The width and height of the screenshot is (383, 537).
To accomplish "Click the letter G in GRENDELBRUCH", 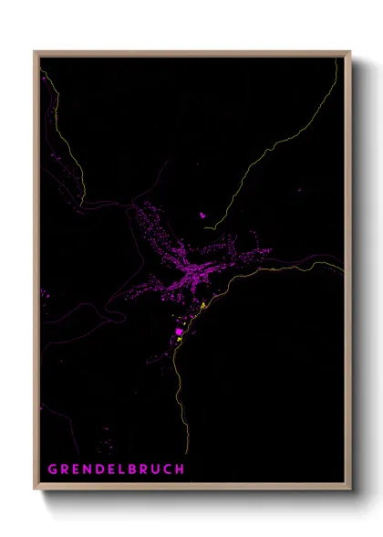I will (53, 469).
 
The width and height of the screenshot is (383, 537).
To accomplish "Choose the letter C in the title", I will (169, 469).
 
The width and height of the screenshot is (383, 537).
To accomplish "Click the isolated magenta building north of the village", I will (202, 216).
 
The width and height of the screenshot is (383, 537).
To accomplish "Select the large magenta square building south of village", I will (179, 332).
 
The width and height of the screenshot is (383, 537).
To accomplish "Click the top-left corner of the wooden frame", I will (35, 52).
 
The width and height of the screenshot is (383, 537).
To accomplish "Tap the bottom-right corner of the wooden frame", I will (351, 490).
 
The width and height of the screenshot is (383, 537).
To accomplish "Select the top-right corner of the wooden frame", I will (351, 52).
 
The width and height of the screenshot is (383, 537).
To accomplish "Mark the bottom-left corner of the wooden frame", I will (35, 490).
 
